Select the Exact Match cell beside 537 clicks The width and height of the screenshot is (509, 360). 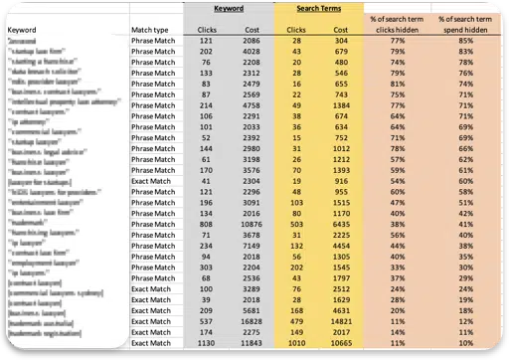pyautogui.click(x=153, y=321)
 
